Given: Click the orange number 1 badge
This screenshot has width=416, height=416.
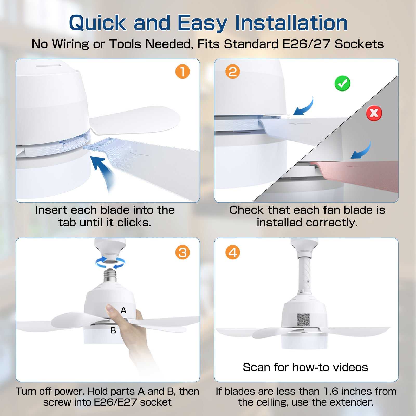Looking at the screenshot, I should click(183, 71).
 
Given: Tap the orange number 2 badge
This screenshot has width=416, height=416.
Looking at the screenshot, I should click(233, 71).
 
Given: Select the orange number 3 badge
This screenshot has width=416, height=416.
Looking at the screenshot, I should click(183, 252).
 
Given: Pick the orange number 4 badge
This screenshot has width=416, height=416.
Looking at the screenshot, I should click(233, 252).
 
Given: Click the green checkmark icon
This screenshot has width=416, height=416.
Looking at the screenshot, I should click(342, 83).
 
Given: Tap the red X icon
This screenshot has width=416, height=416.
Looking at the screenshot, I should click(374, 113).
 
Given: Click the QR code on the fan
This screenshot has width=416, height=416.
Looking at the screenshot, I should click(303, 320).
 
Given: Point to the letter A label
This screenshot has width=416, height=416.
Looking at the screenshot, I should click(123, 310).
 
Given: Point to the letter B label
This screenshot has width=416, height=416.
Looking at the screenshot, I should click(113, 330).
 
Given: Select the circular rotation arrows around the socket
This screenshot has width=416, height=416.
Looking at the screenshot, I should click(110, 263).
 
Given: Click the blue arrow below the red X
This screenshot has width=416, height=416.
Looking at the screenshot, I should click(361, 151).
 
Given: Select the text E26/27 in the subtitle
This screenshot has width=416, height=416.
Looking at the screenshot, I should click(307, 44).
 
